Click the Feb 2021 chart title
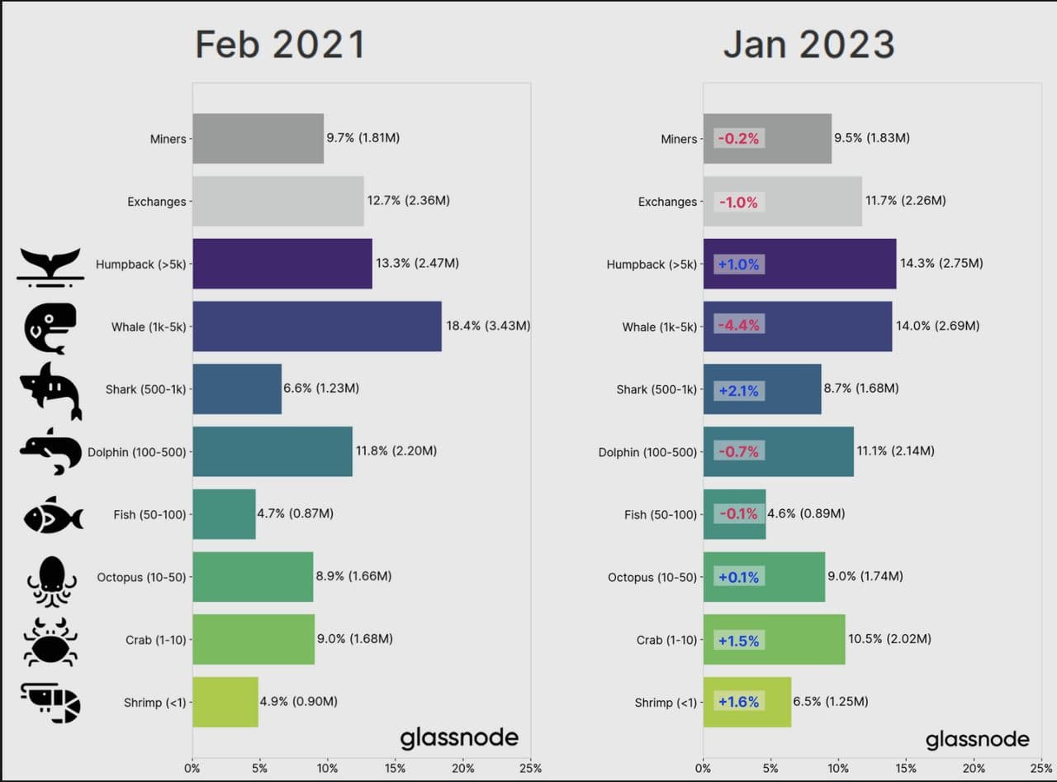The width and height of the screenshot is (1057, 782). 280,44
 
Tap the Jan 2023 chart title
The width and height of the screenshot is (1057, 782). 808,44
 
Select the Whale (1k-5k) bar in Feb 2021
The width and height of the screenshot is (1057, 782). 317,327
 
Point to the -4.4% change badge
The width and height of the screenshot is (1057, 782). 738,326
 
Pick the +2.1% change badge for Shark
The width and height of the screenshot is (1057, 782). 738,390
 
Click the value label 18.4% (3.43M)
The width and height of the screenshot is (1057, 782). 488,326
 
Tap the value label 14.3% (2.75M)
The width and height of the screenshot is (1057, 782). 941,263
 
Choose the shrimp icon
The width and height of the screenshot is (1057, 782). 51,703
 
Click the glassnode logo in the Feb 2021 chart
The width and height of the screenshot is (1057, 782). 459,738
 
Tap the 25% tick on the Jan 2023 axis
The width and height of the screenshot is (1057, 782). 1041,768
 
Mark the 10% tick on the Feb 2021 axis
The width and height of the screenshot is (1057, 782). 327,768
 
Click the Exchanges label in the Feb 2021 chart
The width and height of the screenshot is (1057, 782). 156,202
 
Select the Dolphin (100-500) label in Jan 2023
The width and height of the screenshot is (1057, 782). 647,452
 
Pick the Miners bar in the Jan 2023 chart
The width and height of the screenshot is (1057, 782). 767,139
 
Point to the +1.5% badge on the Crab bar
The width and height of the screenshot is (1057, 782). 738,641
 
